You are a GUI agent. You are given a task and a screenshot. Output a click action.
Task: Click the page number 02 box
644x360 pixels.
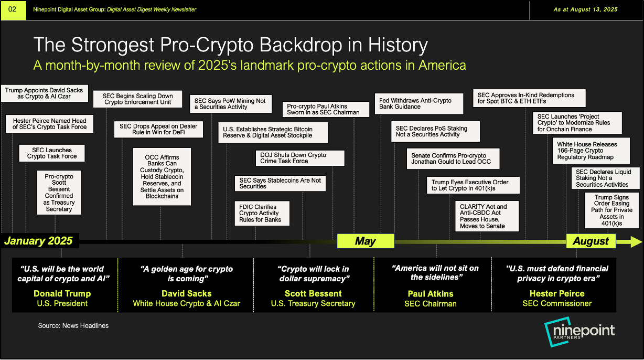point(13,10)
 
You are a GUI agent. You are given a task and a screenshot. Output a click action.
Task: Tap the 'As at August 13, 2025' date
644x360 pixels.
point(585,9)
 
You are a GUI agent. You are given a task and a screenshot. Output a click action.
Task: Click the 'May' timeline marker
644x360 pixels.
point(366,241)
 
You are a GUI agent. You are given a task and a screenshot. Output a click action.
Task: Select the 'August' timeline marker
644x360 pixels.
point(591,241)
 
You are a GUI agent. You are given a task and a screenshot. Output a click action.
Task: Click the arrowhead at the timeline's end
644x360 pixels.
point(636,242)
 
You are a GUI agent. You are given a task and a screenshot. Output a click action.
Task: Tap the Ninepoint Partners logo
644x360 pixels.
point(579,332)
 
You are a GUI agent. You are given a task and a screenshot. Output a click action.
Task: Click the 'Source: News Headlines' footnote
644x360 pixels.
point(73,326)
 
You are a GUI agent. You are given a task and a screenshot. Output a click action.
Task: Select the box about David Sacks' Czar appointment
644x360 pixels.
point(44,93)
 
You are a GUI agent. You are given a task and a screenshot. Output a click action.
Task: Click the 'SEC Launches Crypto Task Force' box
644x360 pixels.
point(52,153)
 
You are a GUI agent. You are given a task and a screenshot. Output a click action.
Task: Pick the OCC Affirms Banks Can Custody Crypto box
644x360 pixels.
point(162,177)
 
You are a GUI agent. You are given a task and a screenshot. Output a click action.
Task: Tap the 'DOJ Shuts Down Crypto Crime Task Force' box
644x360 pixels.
point(300,158)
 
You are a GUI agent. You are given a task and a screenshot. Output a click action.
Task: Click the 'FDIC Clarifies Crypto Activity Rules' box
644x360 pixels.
point(262,213)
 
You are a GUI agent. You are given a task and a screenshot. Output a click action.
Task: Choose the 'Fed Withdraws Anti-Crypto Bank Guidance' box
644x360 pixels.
point(419,103)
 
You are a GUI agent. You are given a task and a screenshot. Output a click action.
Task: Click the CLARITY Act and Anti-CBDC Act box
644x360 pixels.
point(487,216)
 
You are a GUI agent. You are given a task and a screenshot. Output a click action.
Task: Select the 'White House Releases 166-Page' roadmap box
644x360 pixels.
point(591,151)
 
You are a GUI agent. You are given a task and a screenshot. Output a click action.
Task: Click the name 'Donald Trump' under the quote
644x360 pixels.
point(62,293)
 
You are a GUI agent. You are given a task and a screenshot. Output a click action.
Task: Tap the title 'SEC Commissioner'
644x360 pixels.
point(557,303)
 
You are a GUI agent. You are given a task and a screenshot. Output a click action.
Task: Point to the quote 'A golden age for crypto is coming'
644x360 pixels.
point(187,273)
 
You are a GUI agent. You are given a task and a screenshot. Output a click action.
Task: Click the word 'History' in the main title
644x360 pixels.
point(398,45)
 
